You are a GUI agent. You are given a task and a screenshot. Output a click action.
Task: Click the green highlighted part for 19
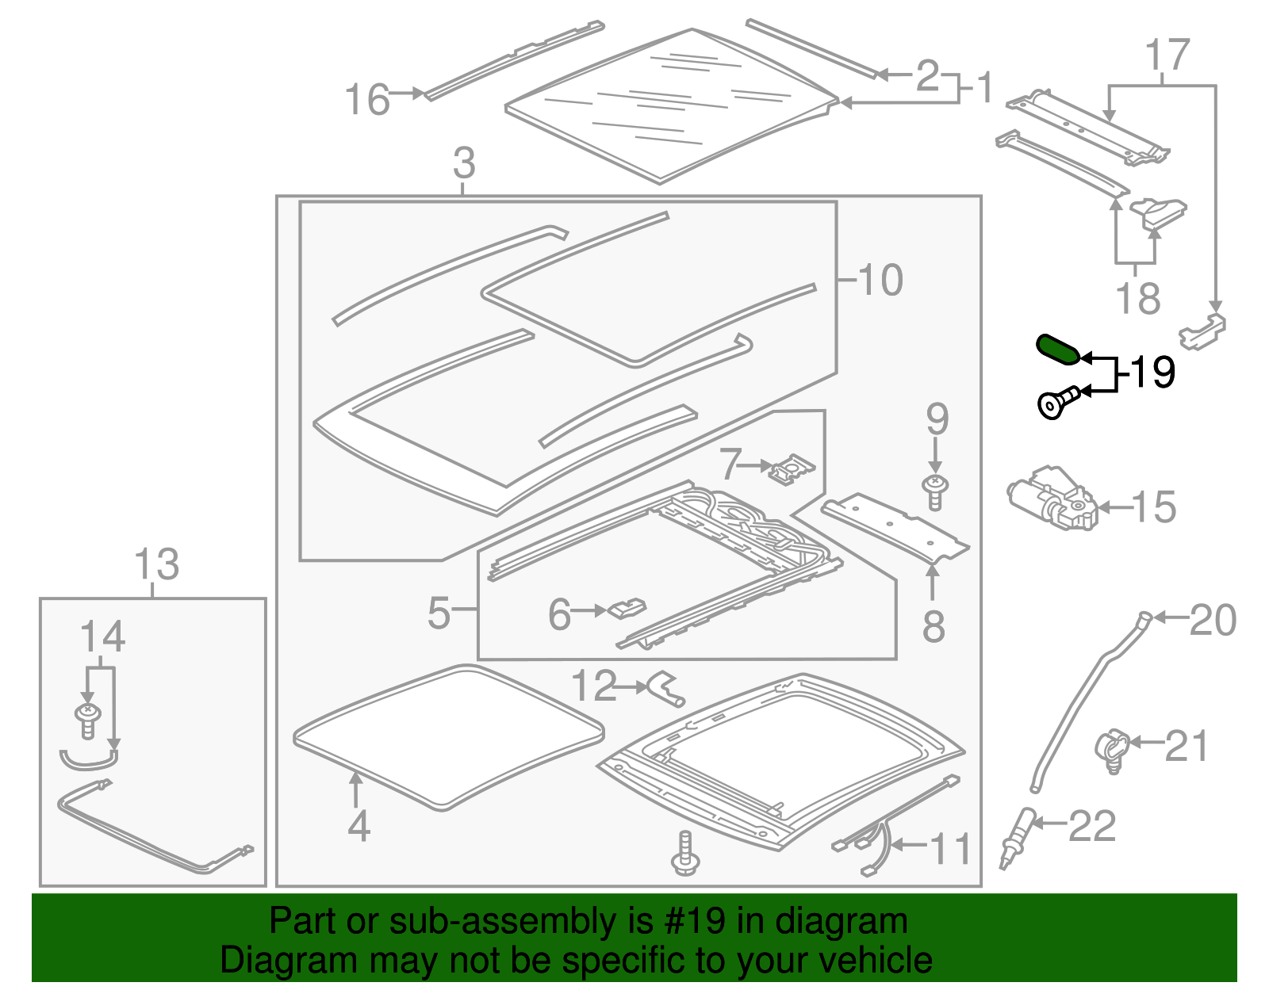(x=1058, y=350)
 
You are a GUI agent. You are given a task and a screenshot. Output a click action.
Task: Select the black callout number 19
(x=1152, y=372)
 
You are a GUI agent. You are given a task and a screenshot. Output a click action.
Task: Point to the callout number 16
(x=367, y=101)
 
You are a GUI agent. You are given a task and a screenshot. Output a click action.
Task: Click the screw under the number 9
(x=936, y=491)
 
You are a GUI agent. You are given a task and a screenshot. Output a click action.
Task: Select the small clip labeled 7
(x=792, y=469)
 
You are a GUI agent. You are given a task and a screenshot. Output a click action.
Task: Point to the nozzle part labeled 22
(x=1018, y=839)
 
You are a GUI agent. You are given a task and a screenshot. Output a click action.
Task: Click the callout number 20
(x=1213, y=620)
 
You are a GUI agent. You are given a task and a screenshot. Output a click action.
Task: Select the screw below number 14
(x=88, y=720)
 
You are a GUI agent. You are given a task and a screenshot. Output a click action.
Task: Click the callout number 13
(x=156, y=565)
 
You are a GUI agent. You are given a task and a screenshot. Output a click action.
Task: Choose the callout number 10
(x=880, y=280)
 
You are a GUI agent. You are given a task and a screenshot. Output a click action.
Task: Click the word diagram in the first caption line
(x=842, y=921)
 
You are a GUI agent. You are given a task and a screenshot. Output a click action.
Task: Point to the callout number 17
(x=1167, y=55)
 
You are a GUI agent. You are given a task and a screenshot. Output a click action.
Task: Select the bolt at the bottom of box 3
(x=684, y=854)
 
